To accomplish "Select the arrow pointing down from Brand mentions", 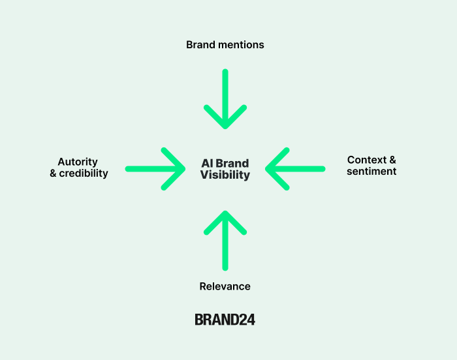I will (x=225, y=91).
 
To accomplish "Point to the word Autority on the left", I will (x=78, y=162).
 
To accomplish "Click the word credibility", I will (x=84, y=173).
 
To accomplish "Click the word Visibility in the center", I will (x=225, y=175).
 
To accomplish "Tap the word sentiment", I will (x=371, y=172).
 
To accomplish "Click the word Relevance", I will (x=225, y=286).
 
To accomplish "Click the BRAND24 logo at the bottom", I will (x=225, y=320).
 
